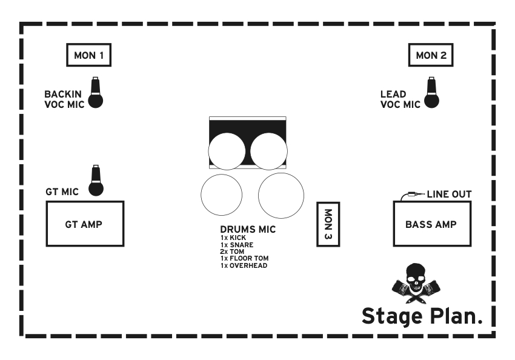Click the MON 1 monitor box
click(88, 56)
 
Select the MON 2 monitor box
click(431, 56)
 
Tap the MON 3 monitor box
click(328, 224)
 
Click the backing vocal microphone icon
click(95, 93)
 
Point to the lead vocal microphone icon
click(431, 93)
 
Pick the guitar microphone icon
click(96, 181)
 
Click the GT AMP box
click(85, 224)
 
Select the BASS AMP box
click(431, 224)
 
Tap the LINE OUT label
click(449, 195)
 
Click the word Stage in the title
click(392, 316)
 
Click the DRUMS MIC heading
click(248, 230)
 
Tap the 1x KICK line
click(233, 238)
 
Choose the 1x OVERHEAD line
click(244, 265)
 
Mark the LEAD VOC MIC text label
click(400, 99)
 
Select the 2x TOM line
click(232, 252)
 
